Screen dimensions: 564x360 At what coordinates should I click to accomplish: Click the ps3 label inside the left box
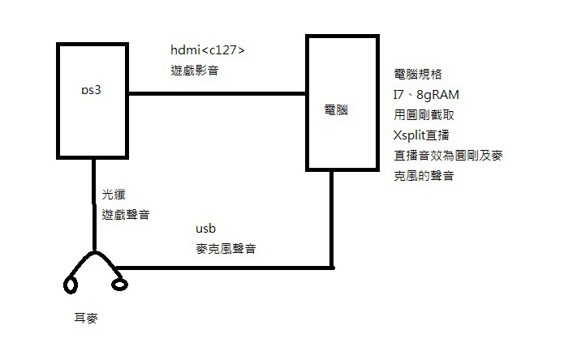[x=91, y=90]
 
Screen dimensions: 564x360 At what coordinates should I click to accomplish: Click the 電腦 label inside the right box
[x=336, y=110]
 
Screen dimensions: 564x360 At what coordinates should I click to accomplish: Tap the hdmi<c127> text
[x=208, y=50]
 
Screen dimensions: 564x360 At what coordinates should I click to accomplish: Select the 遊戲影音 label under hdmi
[x=195, y=70]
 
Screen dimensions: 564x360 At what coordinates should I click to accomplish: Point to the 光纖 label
[x=114, y=195]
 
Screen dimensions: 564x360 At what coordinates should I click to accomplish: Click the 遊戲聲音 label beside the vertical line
[x=126, y=215]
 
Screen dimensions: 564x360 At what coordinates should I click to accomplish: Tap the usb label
[x=206, y=229]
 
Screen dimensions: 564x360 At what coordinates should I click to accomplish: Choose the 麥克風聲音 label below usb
[x=226, y=249]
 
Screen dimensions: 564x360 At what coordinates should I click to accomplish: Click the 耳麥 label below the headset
[x=86, y=318]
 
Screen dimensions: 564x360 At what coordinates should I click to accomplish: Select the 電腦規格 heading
[x=418, y=74]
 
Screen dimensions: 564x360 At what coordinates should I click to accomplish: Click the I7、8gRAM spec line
[x=426, y=95]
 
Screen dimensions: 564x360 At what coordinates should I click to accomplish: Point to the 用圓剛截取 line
[x=424, y=114]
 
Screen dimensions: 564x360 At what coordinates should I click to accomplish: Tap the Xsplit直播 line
[x=421, y=135]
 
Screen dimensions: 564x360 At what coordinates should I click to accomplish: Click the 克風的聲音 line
[x=424, y=176]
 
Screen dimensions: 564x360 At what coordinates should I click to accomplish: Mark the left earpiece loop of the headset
[x=71, y=285]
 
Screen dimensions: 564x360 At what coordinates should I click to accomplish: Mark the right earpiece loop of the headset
[x=120, y=285]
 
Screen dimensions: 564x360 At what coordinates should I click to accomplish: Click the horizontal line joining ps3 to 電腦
[x=217, y=94]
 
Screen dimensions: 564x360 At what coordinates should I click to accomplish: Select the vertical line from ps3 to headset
[x=94, y=204]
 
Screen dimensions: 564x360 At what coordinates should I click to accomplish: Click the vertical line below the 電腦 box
[x=332, y=220]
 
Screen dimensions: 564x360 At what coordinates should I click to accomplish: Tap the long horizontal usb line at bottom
[x=225, y=268]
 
